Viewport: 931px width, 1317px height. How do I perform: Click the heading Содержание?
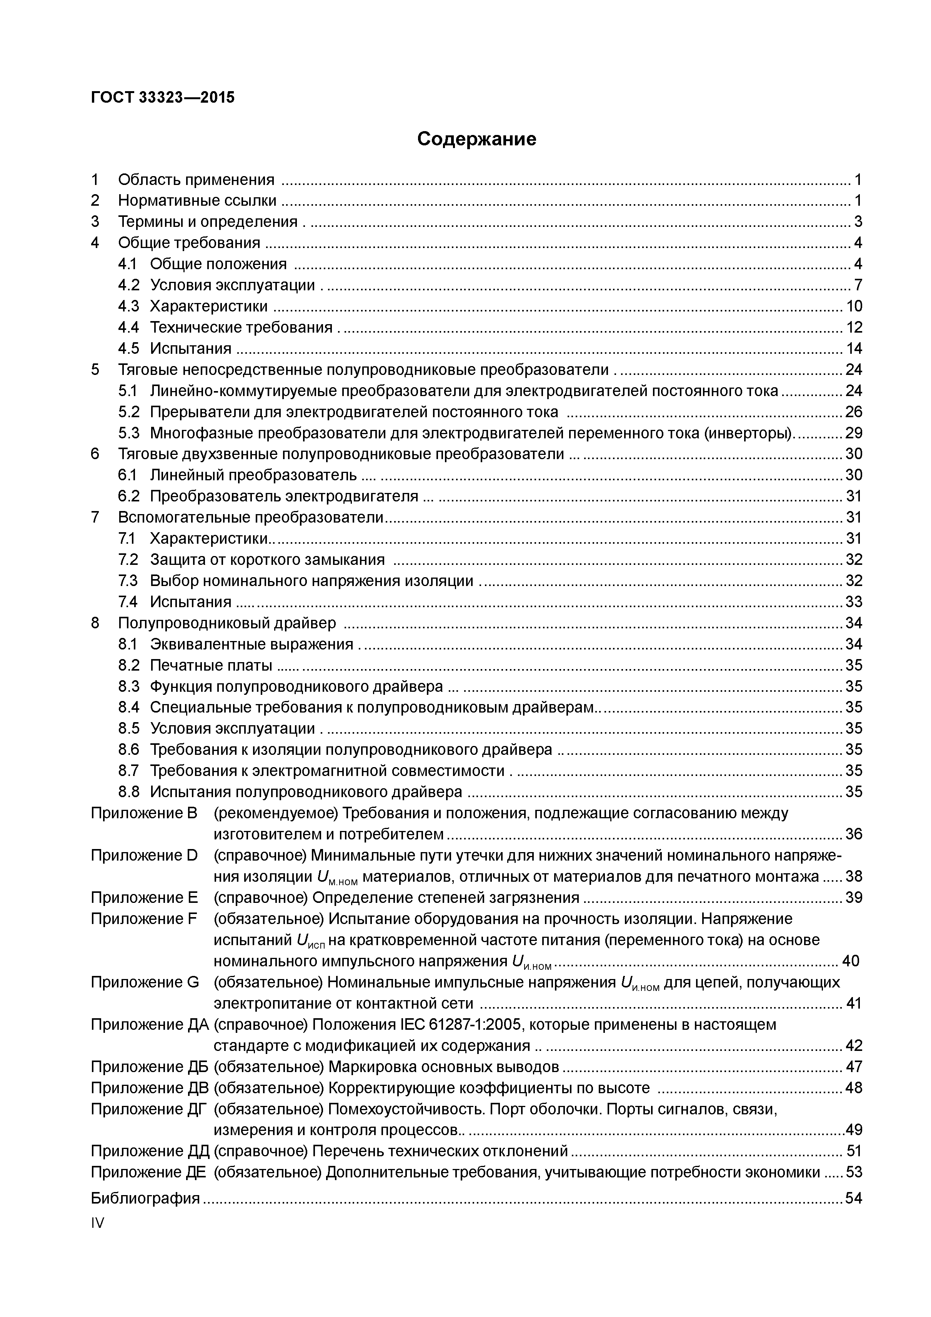point(477,139)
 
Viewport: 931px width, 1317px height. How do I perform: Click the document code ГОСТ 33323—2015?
point(163,98)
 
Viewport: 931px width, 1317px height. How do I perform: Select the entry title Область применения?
point(196,180)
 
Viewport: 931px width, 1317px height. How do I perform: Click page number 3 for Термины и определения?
point(858,222)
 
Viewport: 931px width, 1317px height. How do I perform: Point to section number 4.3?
point(128,306)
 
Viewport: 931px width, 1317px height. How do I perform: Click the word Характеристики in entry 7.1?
point(209,539)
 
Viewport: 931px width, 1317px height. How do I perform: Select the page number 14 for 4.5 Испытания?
point(854,349)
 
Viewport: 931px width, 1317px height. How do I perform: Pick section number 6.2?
point(128,496)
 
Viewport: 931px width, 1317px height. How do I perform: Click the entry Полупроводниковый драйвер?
point(227,623)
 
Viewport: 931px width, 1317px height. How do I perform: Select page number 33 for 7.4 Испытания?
point(854,602)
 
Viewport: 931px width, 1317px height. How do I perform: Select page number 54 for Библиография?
point(854,1198)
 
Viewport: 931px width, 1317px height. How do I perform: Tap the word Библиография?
point(145,1198)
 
